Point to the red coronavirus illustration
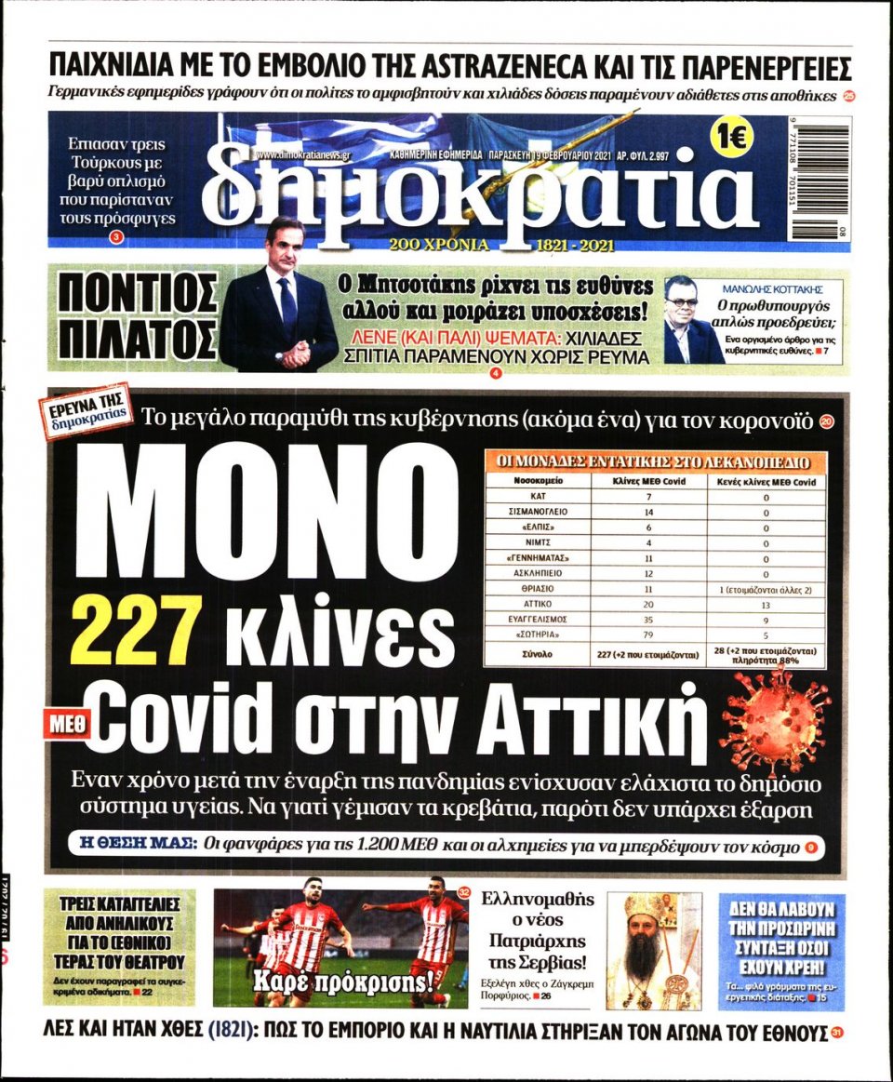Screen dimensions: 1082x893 pyautogui.click(x=775, y=717)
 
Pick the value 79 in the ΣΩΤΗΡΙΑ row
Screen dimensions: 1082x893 pyautogui.click(x=648, y=634)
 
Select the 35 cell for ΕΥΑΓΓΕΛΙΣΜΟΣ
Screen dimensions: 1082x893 pyautogui.click(x=648, y=619)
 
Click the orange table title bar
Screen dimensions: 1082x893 pyautogui.click(x=654, y=461)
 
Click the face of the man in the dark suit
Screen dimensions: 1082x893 pyautogui.click(x=283, y=244)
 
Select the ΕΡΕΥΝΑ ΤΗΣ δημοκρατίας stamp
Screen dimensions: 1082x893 pyautogui.click(x=87, y=415)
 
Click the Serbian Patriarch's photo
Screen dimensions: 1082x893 pyautogui.click(x=654, y=951)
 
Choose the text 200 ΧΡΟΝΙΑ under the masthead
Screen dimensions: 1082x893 pyautogui.click(x=439, y=246)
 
